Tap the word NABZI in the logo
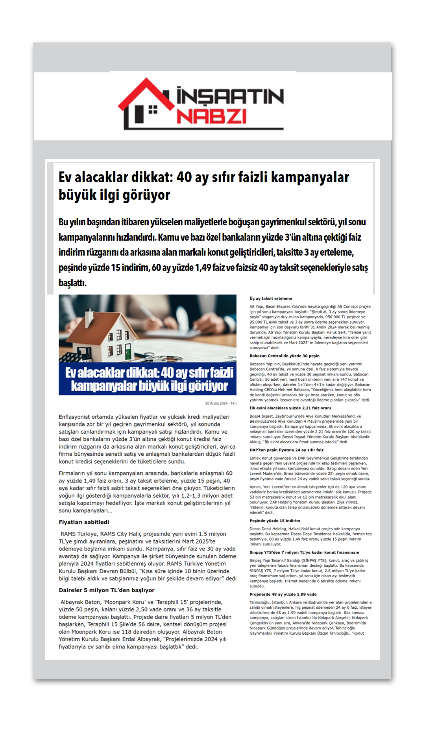[x=211, y=117]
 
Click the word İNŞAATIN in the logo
[x=230, y=96]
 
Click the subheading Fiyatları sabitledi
[x=84, y=522]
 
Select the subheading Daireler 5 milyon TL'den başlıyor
[x=107, y=590]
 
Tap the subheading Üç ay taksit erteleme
[x=271, y=298]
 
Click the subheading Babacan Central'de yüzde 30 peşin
[x=285, y=356]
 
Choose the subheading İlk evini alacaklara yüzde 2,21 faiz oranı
[x=290, y=408]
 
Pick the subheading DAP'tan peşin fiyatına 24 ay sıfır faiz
[x=286, y=450]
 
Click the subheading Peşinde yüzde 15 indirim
[x=275, y=521]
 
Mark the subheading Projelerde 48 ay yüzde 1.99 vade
[x=283, y=594]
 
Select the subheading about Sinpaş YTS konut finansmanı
[x=304, y=552]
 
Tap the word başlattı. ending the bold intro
[x=72, y=283]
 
